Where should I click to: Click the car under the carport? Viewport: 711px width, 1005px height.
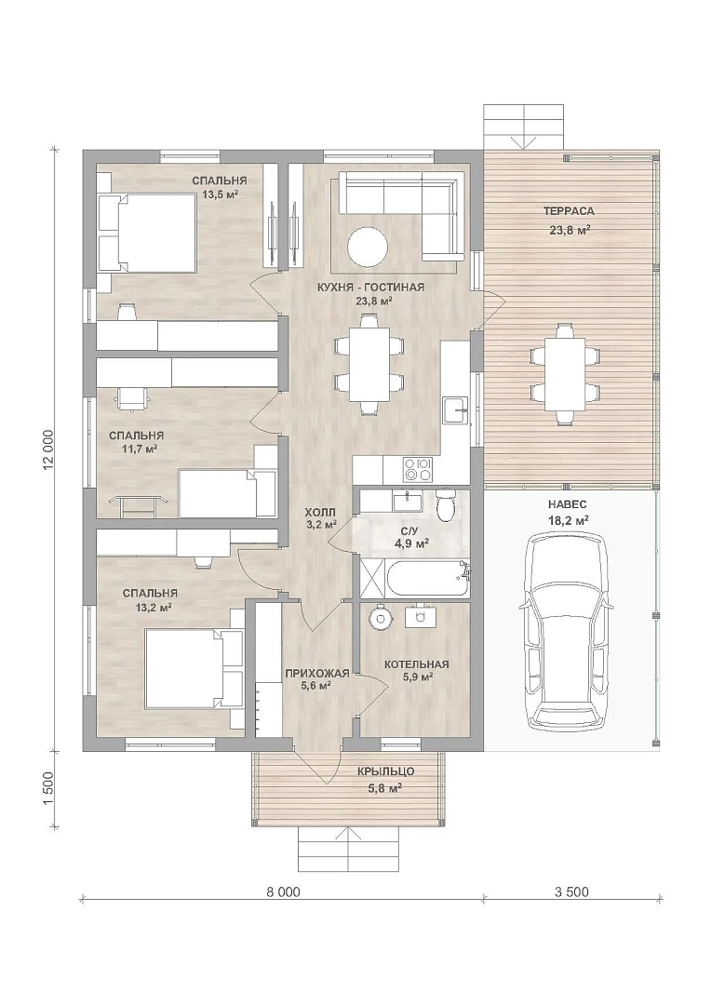click(x=564, y=631)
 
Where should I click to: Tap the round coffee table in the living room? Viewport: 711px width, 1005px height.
click(x=368, y=246)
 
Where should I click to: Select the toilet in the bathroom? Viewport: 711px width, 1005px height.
click(x=445, y=504)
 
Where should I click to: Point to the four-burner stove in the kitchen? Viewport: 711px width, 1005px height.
click(x=417, y=469)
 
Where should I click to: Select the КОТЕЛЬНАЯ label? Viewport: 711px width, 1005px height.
click(x=417, y=664)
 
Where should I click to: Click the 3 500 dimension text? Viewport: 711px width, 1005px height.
click(x=570, y=891)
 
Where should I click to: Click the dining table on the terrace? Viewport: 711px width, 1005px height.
click(x=565, y=374)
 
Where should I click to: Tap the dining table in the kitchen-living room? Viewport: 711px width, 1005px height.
click(x=369, y=364)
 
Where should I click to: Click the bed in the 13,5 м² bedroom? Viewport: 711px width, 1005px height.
click(x=147, y=233)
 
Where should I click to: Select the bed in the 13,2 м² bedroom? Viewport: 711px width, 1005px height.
click(x=195, y=668)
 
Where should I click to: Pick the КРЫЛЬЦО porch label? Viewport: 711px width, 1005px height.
click(x=385, y=771)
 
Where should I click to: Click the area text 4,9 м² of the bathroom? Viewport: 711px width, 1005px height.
click(x=411, y=544)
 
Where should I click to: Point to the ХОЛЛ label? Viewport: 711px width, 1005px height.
click(x=319, y=513)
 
